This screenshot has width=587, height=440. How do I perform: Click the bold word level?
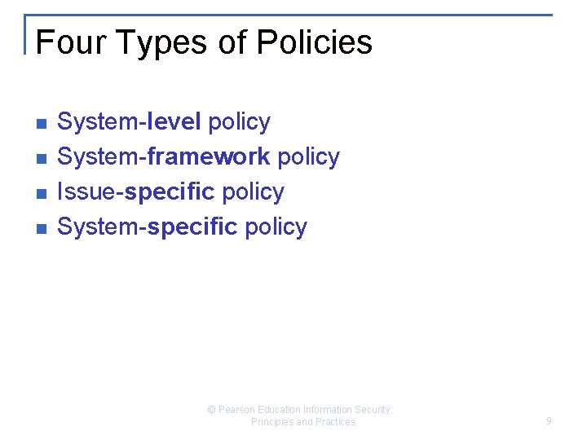174,122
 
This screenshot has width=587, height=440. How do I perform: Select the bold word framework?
209,156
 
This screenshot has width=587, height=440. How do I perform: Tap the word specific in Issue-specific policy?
170,192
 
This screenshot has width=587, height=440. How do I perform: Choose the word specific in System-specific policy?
192,227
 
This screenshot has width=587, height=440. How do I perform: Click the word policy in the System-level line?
239,123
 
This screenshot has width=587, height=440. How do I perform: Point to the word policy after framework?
308,157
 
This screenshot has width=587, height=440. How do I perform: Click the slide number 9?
549,421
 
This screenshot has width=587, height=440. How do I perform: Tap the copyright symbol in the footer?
212,410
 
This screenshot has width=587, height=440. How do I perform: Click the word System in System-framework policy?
99,156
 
